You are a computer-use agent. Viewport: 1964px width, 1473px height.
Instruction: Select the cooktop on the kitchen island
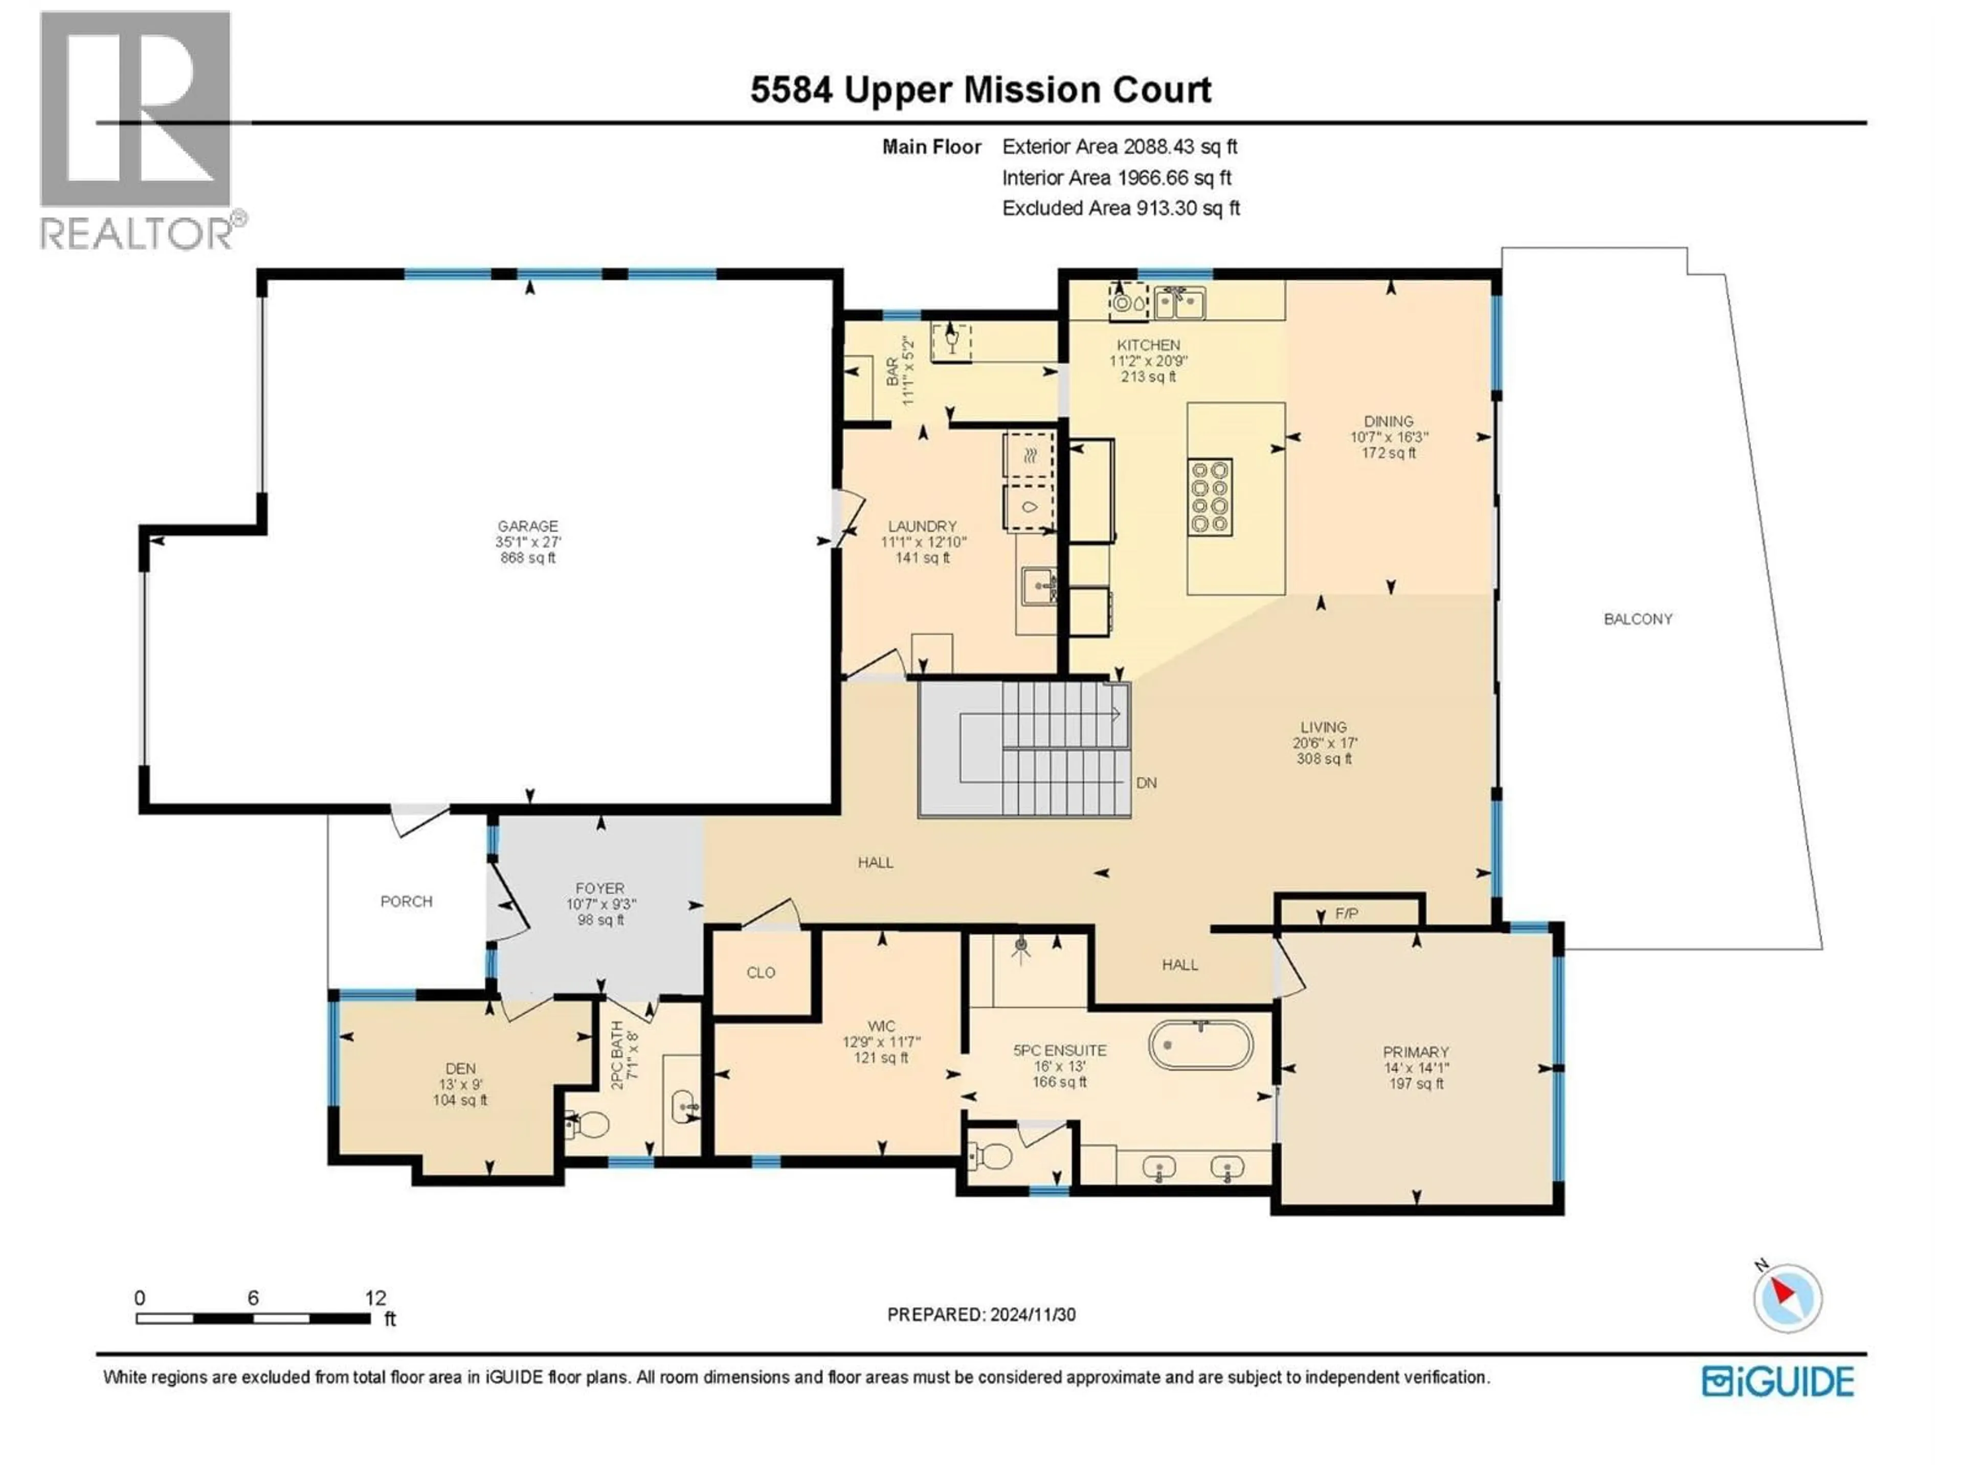(1209, 497)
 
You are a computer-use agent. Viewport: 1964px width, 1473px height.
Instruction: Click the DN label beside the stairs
(1146, 783)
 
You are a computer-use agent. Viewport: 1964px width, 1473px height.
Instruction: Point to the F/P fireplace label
(1346, 913)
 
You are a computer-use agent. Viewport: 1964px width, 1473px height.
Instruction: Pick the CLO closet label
(761, 972)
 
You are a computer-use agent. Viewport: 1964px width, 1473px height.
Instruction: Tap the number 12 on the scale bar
(375, 1298)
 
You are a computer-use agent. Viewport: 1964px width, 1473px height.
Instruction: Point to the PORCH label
(407, 901)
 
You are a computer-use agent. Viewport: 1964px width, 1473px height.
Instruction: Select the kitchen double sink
(1179, 303)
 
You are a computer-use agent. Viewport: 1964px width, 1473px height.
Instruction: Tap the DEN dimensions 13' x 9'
(460, 1084)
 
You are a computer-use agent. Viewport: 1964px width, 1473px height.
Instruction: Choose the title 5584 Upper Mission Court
(980, 90)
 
